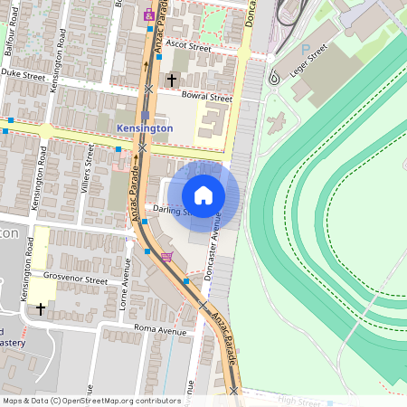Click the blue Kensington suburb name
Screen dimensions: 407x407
(145, 129)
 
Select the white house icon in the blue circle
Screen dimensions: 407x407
(203, 195)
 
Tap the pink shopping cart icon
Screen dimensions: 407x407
(166, 256)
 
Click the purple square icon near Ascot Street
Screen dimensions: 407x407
(149, 15)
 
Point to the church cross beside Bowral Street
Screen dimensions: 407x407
(172, 80)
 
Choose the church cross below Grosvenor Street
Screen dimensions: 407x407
(40, 309)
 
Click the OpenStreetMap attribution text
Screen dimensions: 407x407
(91, 401)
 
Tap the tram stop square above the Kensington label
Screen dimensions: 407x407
(145, 116)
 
